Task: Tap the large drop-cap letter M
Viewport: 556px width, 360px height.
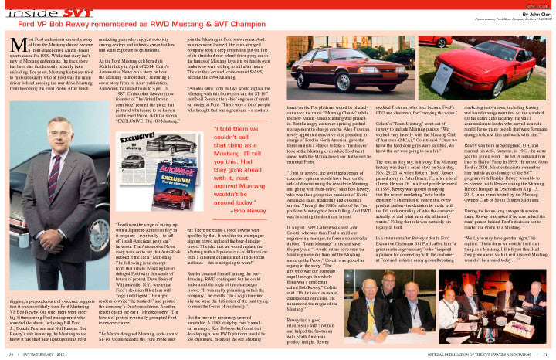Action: point(17,49)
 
